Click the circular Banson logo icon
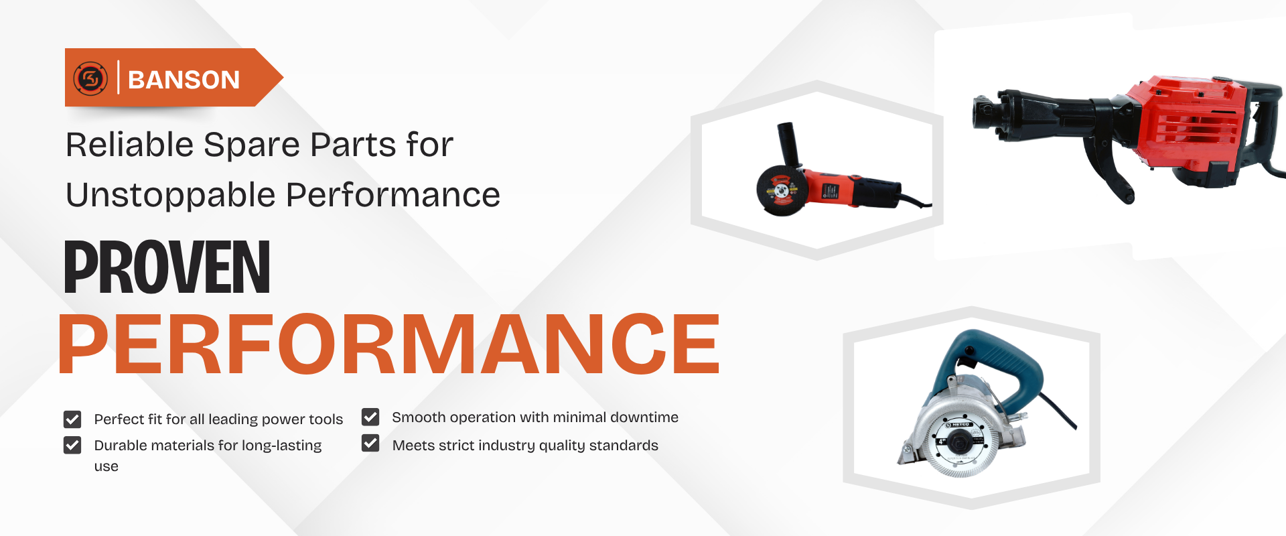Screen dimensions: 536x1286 pyautogui.click(x=91, y=78)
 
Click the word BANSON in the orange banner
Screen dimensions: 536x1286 pyautogui.click(x=184, y=80)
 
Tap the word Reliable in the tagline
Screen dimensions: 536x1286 pyautogui.click(x=130, y=145)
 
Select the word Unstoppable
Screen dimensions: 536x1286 pyautogui.click(x=171, y=195)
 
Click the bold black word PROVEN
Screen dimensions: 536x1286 pyautogui.click(x=167, y=267)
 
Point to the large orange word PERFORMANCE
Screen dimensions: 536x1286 pyautogui.click(x=388, y=344)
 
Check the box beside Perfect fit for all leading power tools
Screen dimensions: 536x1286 pyautogui.click(x=72, y=419)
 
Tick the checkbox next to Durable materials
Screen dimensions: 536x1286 pyautogui.click(x=72, y=446)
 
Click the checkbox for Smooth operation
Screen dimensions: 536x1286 pyautogui.click(x=370, y=417)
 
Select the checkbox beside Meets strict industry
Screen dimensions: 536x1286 pyautogui.click(x=370, y=444)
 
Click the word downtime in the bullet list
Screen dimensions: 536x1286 pyautogui.click(x=644, y=417)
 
